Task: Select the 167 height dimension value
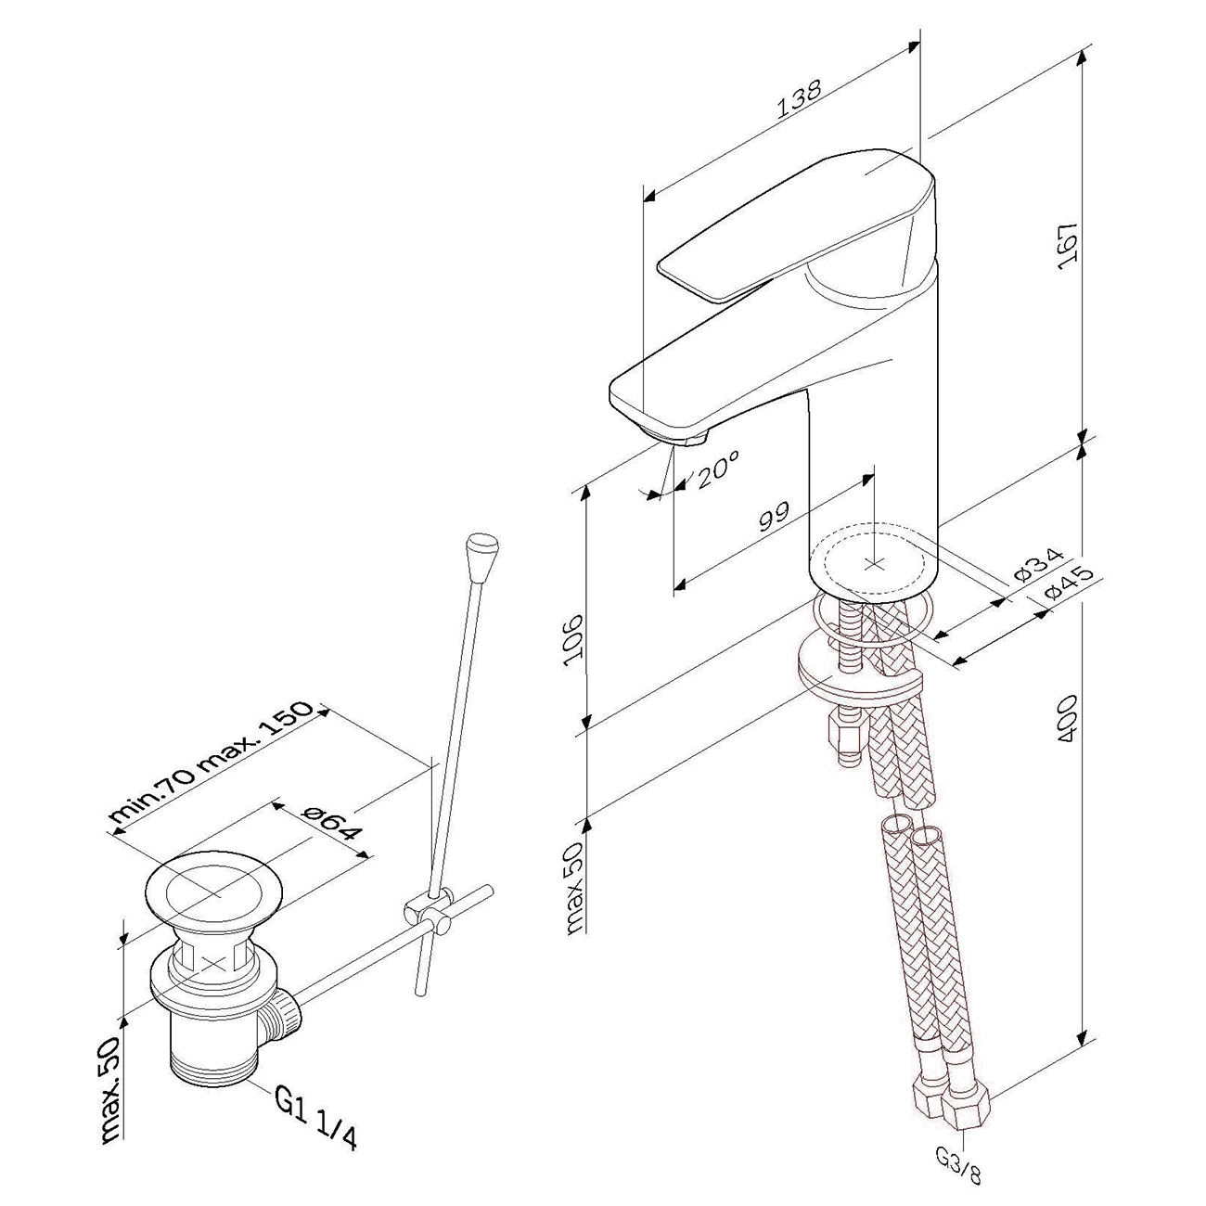point(1068,245)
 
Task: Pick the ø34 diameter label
point(1038,565)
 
